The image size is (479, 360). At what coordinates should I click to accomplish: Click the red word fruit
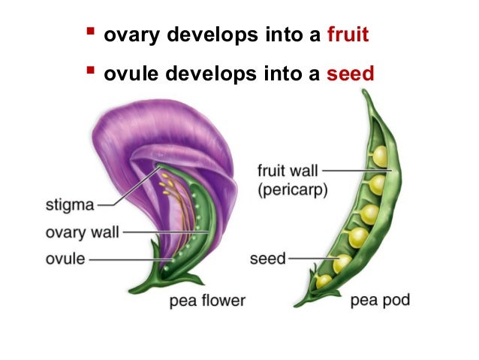tap(348, 35)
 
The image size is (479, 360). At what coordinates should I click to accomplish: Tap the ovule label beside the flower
tap(65, 259)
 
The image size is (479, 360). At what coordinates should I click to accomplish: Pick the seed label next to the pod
tap(268, 259)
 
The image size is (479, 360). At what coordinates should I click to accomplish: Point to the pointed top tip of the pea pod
tap(366, 92)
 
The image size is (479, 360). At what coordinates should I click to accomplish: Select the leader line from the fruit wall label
tap(357, 171)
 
